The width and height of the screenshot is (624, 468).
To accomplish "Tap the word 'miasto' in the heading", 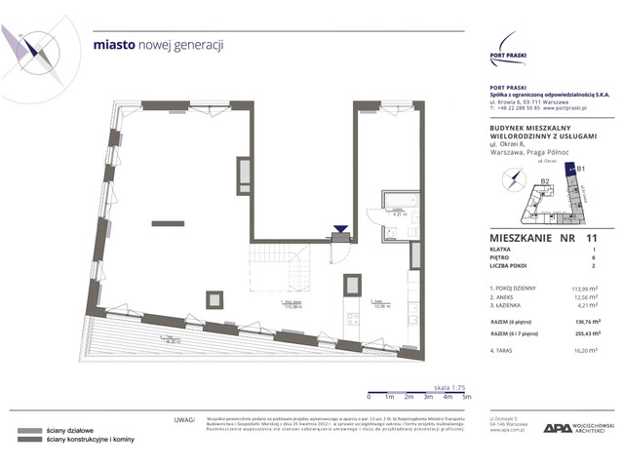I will [x=112, y=45].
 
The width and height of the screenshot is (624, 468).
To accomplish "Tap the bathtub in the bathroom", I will [x=398, y=201].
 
